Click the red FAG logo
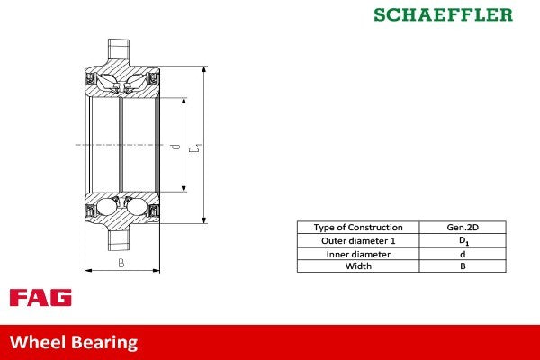coord(40,298)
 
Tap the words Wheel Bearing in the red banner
coord(74,342)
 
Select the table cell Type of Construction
coord(357,228)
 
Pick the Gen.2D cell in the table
coord(463,228)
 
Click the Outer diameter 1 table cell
coord(357,241)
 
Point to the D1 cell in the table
coord(463,241)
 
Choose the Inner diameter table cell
coord(357,254)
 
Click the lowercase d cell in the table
coord(463,254)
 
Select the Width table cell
coord(357,266)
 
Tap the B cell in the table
coord(463,266)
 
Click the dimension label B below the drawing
coord(121,264)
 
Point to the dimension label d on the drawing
coord(177,145)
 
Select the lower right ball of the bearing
coord(136,209)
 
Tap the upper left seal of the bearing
coord(91,82)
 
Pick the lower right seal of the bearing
coord(154,211)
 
